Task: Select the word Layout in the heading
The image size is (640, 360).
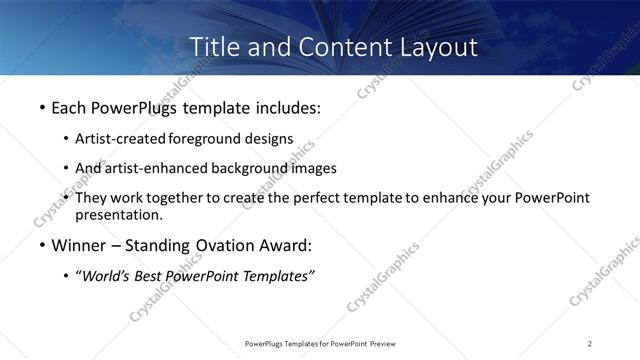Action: (x=438, y=46)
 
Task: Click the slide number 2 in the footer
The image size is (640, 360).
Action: (x=590, y=343)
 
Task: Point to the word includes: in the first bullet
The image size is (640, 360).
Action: (x=290, y=106)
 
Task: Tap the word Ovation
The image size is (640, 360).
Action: (x=228, y=245)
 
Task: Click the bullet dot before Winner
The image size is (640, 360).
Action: (x=41, y=246)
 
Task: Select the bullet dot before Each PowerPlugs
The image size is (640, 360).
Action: (x=41, y=107)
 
